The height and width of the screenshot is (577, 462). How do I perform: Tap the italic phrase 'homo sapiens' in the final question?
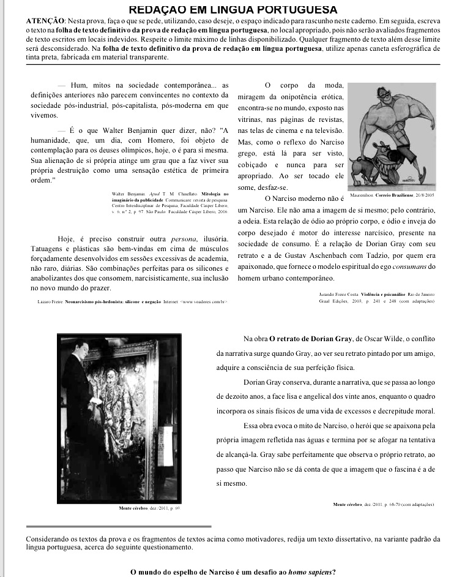(310, 572)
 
